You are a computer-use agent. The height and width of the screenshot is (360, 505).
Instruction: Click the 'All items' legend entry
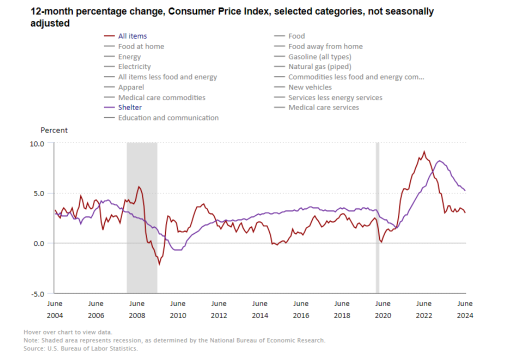(132, 36)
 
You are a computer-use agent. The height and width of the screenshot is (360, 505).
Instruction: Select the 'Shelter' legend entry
(129, 107)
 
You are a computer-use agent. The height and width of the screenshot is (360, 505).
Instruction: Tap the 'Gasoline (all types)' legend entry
(319, 56)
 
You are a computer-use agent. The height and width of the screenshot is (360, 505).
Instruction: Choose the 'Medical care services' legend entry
(323, 107)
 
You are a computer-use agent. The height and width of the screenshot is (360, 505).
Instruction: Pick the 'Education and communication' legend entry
(168, 118)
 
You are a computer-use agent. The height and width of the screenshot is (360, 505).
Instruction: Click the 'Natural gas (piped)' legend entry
(319, 66)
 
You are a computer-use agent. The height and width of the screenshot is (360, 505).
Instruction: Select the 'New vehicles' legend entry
(309, 87)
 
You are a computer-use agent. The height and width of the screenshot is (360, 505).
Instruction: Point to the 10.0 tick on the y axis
(38, 143)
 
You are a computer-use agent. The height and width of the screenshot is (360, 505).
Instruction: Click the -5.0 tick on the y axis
(38, 293)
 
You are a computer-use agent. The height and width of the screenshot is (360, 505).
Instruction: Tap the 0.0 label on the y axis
(39, 243)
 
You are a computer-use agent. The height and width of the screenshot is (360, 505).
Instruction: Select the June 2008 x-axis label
(136, 309)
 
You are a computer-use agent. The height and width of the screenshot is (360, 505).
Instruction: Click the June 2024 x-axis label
(465, 309)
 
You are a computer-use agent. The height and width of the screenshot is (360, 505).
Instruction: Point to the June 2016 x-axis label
(301, 309)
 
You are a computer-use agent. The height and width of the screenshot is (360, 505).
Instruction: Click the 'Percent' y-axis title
(54, 130)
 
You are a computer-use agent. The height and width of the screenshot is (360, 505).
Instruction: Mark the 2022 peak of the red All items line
(424, 151)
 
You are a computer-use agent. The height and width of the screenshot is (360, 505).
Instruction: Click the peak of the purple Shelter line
(439, 160)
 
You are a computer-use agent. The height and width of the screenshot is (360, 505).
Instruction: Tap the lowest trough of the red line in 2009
(159, 264)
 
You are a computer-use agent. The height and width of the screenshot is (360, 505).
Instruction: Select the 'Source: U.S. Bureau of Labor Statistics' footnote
(80, 348)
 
